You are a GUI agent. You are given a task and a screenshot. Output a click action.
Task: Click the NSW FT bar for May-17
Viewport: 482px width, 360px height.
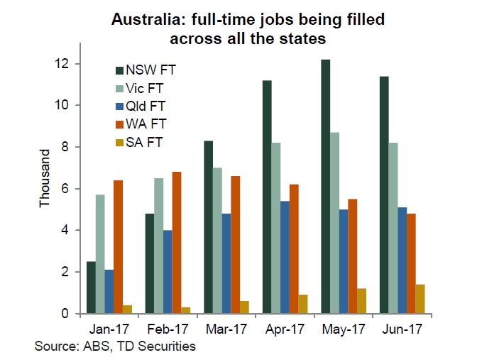(x=326, y=186)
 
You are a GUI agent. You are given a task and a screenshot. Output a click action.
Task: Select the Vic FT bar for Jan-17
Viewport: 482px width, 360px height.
(x=100, y=253)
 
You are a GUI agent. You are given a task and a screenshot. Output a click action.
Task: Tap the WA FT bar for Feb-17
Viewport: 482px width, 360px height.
(x=177, y=242)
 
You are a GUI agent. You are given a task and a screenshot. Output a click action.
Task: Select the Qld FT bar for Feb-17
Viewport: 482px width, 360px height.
(x=168, y=271)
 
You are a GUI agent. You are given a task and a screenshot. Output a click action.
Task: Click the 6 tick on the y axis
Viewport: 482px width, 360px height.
(x=66, y=189)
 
